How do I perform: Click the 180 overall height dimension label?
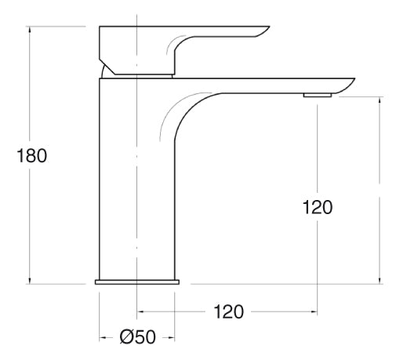click(x=31, y=156)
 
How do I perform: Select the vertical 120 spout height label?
click(x=318, y=208)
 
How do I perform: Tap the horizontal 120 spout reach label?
click(x=228, y=312)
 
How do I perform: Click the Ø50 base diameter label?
click(x=138, y=337)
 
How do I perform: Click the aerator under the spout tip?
click(x=318, y=95)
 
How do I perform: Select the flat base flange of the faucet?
click(x=137, y=282)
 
